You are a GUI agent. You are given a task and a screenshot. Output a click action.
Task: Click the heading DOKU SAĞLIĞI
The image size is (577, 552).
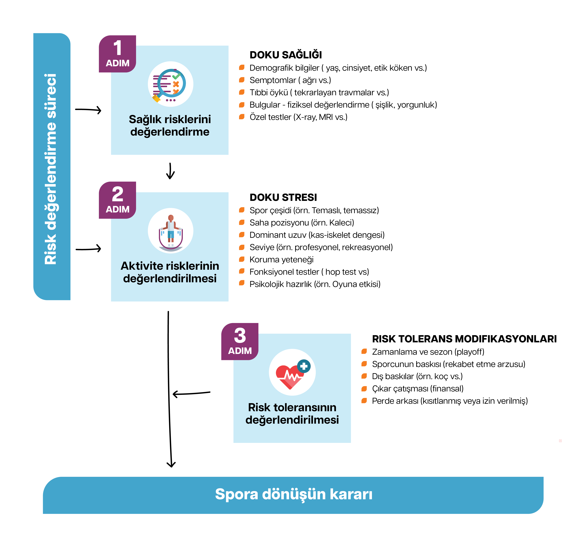[x=286, y=55]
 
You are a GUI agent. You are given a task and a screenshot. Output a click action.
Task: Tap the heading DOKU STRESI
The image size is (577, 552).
[x=283, y=197]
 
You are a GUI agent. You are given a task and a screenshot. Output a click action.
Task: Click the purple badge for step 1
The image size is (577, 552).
[x=118, y=54]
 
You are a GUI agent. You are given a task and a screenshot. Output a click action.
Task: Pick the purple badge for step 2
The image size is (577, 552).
[x=118, y=200]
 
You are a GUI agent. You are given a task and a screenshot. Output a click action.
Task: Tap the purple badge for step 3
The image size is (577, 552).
[x=240, y=341]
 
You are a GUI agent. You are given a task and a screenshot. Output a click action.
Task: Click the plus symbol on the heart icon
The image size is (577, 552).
[x=304, y=366]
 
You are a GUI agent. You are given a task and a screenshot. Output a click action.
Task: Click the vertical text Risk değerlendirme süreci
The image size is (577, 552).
[x=51, y=169]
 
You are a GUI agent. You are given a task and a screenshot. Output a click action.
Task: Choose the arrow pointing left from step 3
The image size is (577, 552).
[x=191, y=393]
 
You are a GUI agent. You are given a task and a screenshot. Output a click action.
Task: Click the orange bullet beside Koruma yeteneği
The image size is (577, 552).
[x=242, y=259]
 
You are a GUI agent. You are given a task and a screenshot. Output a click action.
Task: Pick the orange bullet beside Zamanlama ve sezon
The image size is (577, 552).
[x=364, y=351]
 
